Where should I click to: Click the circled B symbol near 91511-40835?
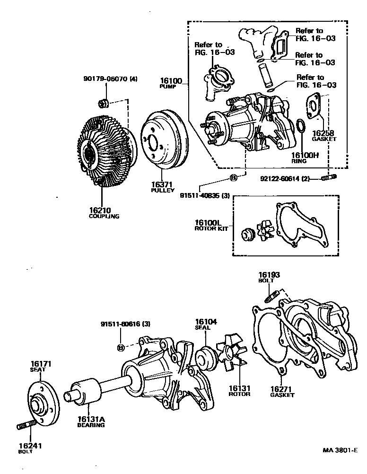232,178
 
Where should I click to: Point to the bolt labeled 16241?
26,427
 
